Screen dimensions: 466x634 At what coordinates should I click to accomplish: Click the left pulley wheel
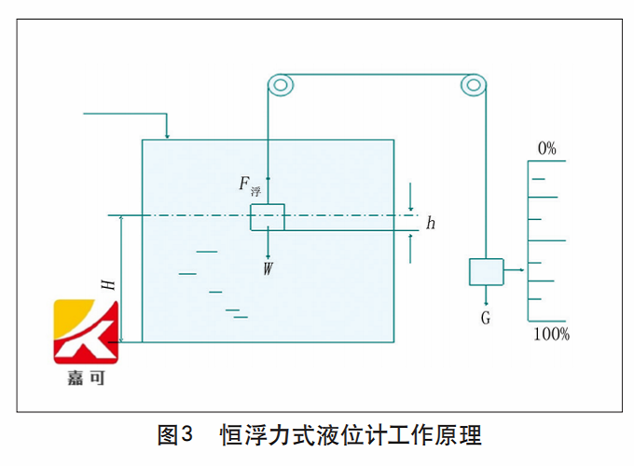point(281,86)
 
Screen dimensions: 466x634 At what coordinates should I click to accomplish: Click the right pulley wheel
point(474,86)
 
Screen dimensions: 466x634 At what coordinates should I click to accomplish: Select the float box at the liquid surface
point(267,217)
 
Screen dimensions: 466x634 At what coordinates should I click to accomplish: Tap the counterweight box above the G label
point(485,271)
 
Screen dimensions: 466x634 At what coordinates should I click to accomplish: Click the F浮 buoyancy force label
point(249,185)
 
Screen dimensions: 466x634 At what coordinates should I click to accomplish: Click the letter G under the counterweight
point(486,318)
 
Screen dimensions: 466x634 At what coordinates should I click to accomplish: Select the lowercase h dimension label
point(431,224)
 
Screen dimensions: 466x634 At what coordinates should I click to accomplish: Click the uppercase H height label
point(109,282)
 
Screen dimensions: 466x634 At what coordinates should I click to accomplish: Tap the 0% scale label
point(546,148)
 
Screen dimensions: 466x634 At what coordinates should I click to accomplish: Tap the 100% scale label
point(551,334)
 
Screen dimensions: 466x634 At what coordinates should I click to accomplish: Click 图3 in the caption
point(174,434)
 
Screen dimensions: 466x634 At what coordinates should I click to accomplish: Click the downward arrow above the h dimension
point(411,204)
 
